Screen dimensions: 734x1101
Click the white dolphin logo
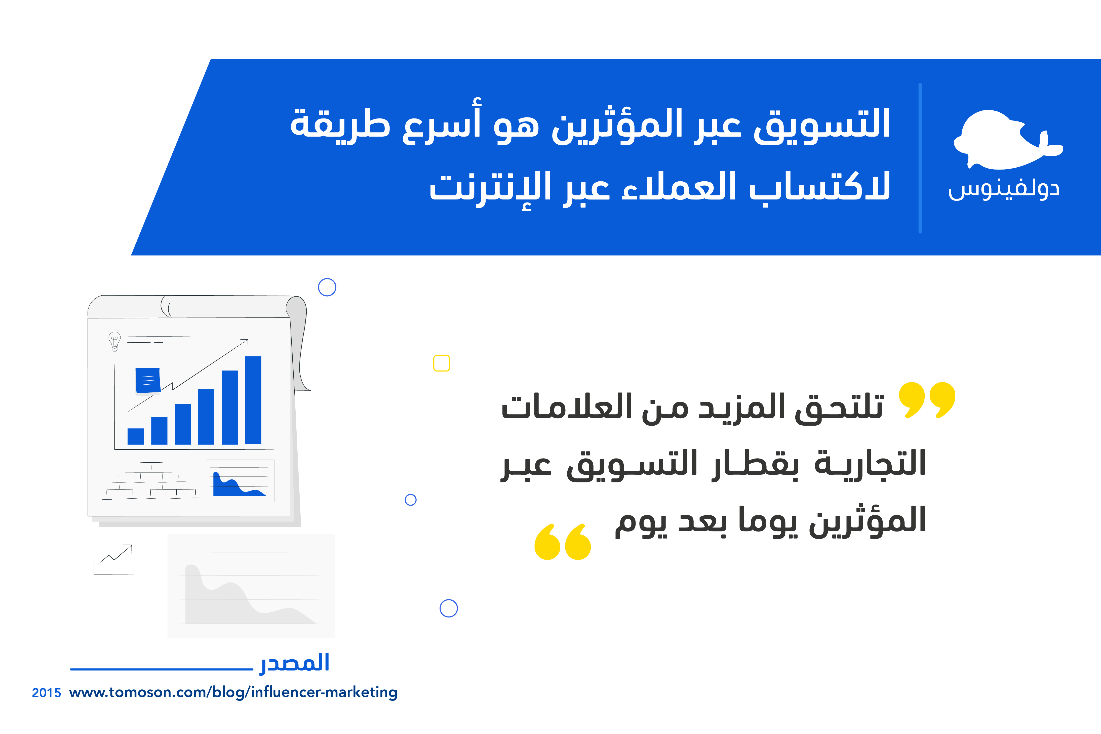tap(1006, 140)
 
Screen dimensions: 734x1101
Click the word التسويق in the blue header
tap(821, 124)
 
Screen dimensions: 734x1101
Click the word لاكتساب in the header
tap(819, 187)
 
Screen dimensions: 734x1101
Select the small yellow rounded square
tap(441, 363)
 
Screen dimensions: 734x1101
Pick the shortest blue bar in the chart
tap(136, 436)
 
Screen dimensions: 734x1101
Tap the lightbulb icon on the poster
tap(114, 341)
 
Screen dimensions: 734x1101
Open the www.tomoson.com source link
tap(233, 692)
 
